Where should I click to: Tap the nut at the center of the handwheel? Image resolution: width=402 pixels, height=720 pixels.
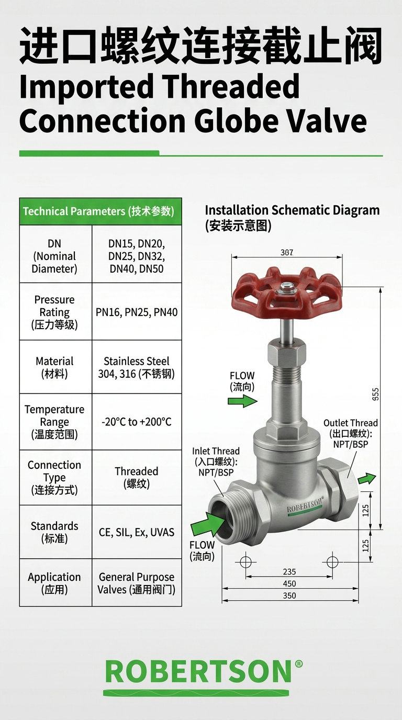(286, 288)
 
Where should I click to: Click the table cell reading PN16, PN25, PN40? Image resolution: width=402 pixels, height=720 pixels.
(137, 312)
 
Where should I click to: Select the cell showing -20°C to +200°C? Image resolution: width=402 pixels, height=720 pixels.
(137, 422)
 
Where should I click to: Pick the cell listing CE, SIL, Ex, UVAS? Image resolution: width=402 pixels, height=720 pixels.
(137, 532)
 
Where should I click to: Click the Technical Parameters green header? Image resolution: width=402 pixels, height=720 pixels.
(100, 211)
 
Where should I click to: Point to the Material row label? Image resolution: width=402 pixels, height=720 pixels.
(54, 367)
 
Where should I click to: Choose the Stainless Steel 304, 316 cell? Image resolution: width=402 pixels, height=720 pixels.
(137, 367)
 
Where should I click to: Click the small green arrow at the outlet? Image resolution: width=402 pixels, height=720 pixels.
(367, 478)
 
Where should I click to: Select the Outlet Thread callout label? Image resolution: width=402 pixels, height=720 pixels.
(351, 433)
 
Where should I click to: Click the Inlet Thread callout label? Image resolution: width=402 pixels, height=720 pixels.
(216, 462)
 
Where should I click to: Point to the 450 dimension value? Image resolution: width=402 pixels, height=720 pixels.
(289, 583)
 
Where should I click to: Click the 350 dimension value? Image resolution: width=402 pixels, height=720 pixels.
(289, 595)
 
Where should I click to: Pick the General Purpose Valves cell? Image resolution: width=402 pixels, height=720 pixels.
(137, 583)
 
